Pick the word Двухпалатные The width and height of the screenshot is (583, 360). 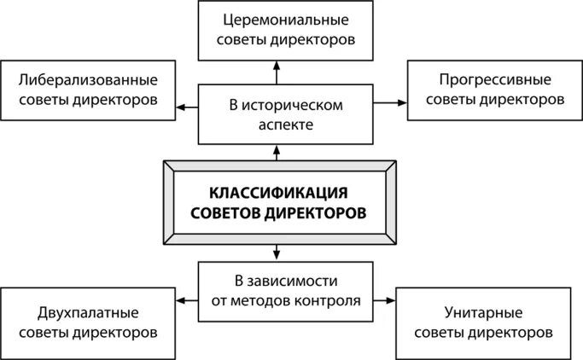click(x=89, y=311)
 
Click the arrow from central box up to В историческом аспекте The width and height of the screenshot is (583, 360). click(x=277, y=153)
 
